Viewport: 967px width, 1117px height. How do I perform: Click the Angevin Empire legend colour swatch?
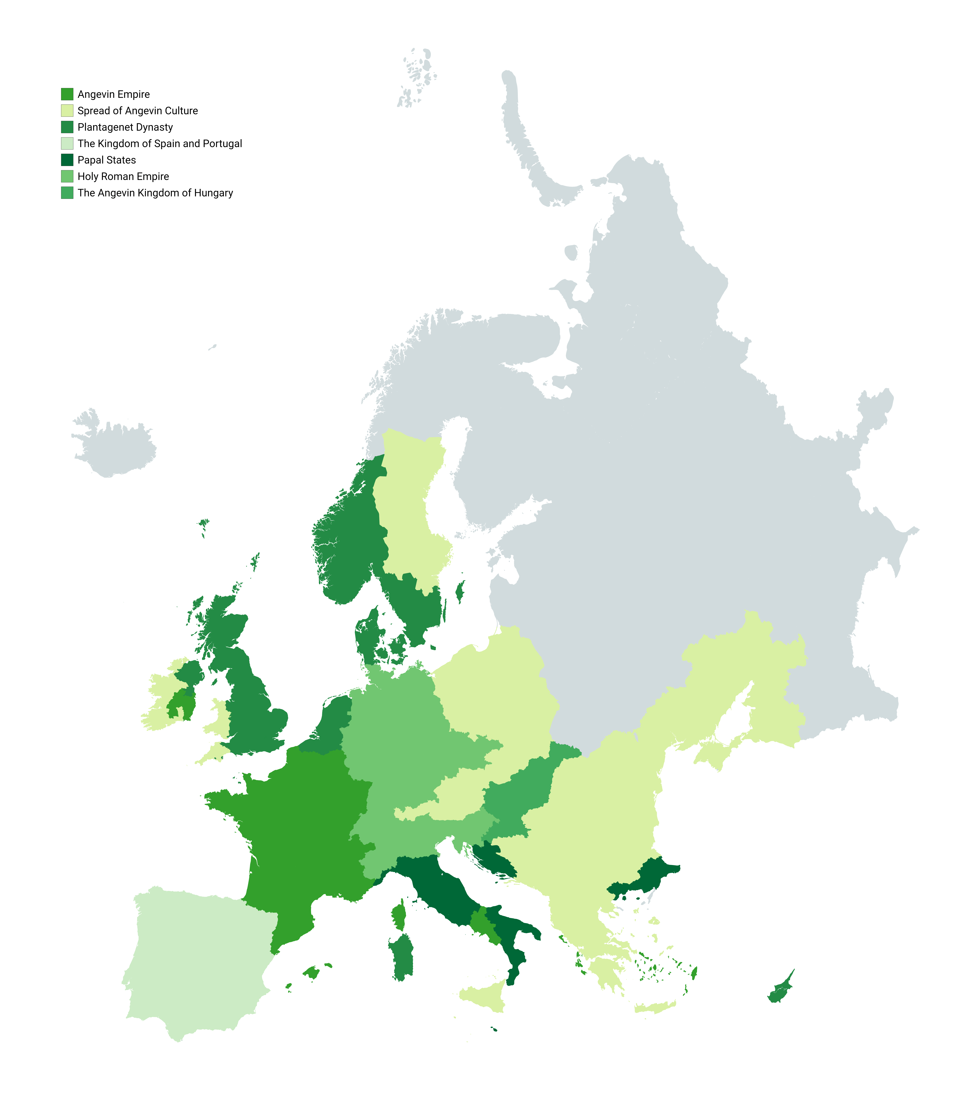[x=67, y=94]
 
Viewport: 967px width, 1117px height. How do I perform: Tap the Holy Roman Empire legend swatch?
[x=67, y=176]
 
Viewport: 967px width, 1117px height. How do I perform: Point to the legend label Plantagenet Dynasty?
[x=125, y=127]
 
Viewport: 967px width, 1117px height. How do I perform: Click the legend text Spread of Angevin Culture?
[x=138, y=111]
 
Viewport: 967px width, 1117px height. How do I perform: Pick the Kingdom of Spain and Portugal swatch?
[x=67, y=143]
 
